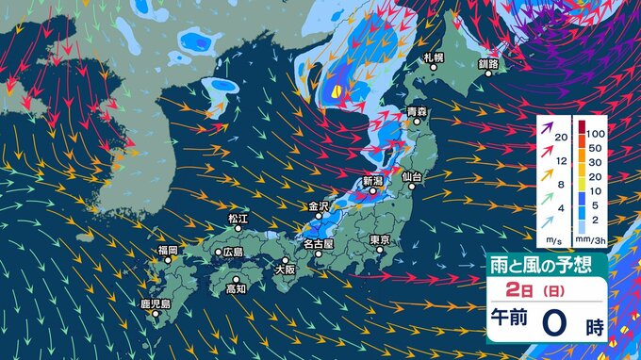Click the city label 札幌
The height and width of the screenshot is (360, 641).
[433, 58]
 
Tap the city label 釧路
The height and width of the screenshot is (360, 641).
[487, 64]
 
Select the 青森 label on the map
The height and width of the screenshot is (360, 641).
[417, 112]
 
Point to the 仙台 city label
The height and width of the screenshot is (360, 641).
[410, 176]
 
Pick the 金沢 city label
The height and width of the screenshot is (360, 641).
[319, 205]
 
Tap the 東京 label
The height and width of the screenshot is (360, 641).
[381, 239]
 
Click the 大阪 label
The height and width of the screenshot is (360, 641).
[284, 270]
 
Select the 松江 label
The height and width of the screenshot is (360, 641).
[236, 219]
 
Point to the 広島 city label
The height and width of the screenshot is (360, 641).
[230, 253]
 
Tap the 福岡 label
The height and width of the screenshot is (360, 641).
[168, 250]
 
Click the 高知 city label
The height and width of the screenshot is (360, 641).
[236, 288]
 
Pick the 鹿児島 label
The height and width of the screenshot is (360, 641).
[155, 304]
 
